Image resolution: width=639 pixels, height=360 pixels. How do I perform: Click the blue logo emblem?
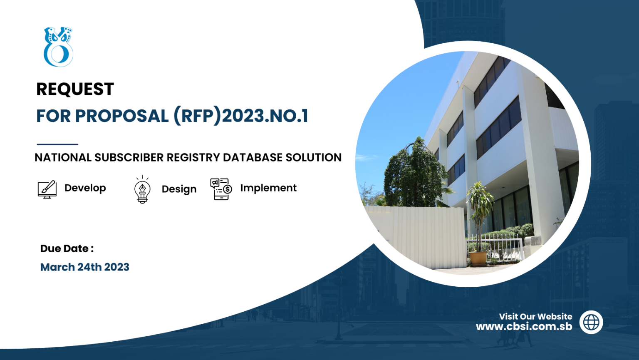point(59,47)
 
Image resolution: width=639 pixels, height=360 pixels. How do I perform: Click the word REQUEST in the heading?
point(75,89)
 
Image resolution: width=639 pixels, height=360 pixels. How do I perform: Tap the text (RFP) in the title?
point(198,116)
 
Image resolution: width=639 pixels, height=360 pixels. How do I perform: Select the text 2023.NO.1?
point(265,116)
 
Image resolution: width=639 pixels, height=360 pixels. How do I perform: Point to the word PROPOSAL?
point(122,116)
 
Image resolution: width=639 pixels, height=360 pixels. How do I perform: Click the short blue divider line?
point(57,144)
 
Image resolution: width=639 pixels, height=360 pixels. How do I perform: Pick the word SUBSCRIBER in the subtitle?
point(129,158)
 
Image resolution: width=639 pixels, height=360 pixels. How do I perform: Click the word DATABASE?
point(253,158)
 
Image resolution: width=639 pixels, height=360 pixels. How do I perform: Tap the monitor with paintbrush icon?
point(47,189)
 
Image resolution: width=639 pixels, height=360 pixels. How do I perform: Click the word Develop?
point(85,188)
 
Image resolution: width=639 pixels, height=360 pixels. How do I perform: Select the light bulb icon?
point(142,189)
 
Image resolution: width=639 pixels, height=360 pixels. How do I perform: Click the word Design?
point(179,189)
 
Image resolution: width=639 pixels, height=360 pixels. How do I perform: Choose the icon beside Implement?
point(221,189)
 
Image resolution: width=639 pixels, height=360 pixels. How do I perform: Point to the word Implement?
point(268,188)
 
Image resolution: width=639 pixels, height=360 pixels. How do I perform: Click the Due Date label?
point(67,248)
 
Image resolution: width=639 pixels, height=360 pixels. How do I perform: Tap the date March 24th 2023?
point(85,267)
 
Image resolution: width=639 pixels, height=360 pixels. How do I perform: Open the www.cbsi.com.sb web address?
point(524,327)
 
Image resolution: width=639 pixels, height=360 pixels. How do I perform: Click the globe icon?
point(591,322)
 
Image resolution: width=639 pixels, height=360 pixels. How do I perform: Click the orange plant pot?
point(478,258)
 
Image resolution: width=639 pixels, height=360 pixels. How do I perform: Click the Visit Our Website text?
point(535,317)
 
